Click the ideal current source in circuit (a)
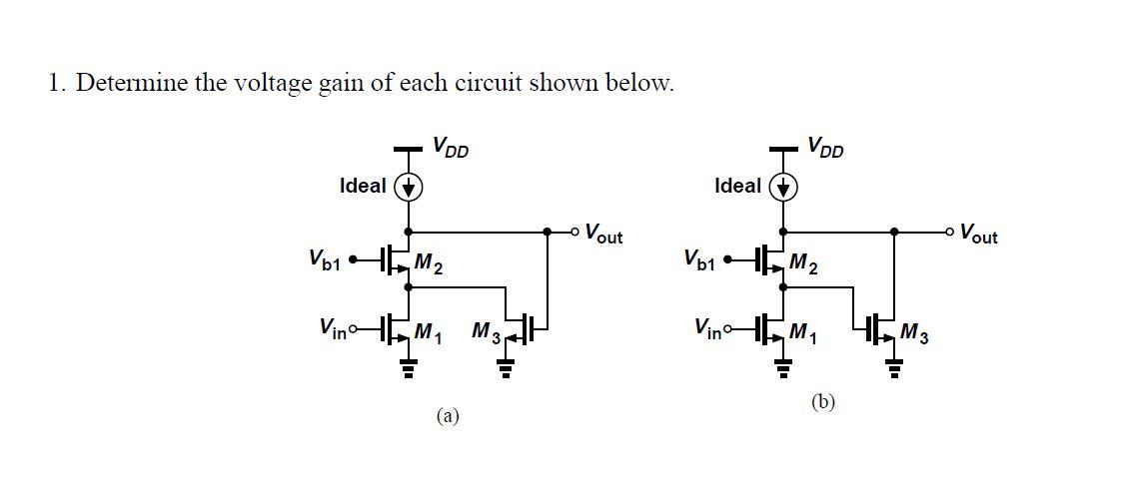point(409,187)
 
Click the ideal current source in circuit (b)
point(783,187)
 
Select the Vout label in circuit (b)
point(977,236)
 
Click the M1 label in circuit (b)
point(803,330)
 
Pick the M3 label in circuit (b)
point(914,332)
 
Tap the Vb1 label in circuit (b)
point(700,260)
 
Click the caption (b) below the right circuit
point(823,401)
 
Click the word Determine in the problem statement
point(133,83)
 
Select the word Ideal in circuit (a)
point(363,186)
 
